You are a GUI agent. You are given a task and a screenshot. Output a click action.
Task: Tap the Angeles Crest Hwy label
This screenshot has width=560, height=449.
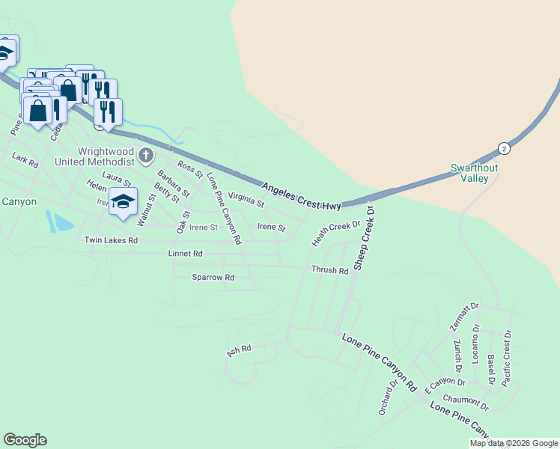coord(302,195)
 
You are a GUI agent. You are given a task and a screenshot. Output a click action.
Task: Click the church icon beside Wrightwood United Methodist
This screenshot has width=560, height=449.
coord(146,156)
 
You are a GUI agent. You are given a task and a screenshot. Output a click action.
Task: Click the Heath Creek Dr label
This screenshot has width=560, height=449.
coord(336,232)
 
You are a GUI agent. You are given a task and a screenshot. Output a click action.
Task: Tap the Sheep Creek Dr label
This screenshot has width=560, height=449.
coord(365,238)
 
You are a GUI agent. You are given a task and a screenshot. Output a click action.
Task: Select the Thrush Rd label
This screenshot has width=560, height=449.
coord(329,270)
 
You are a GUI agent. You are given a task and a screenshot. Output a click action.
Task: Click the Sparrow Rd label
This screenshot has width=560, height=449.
coord(213,277)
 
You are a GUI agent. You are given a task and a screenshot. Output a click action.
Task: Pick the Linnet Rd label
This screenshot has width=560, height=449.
coord(186,254)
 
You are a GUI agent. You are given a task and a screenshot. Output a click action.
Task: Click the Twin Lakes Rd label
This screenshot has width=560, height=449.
coord(111,240)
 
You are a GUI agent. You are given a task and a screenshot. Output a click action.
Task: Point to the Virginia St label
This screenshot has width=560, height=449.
coord(246,200)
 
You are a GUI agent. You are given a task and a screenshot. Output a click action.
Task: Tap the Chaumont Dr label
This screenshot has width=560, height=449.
coord(465,403)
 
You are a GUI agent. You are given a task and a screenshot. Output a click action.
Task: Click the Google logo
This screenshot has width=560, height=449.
coord(25,440)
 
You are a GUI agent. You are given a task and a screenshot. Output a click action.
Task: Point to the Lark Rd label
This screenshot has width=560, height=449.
coord(25,160)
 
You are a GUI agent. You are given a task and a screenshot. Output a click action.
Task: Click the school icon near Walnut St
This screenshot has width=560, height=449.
coord(124,201)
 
